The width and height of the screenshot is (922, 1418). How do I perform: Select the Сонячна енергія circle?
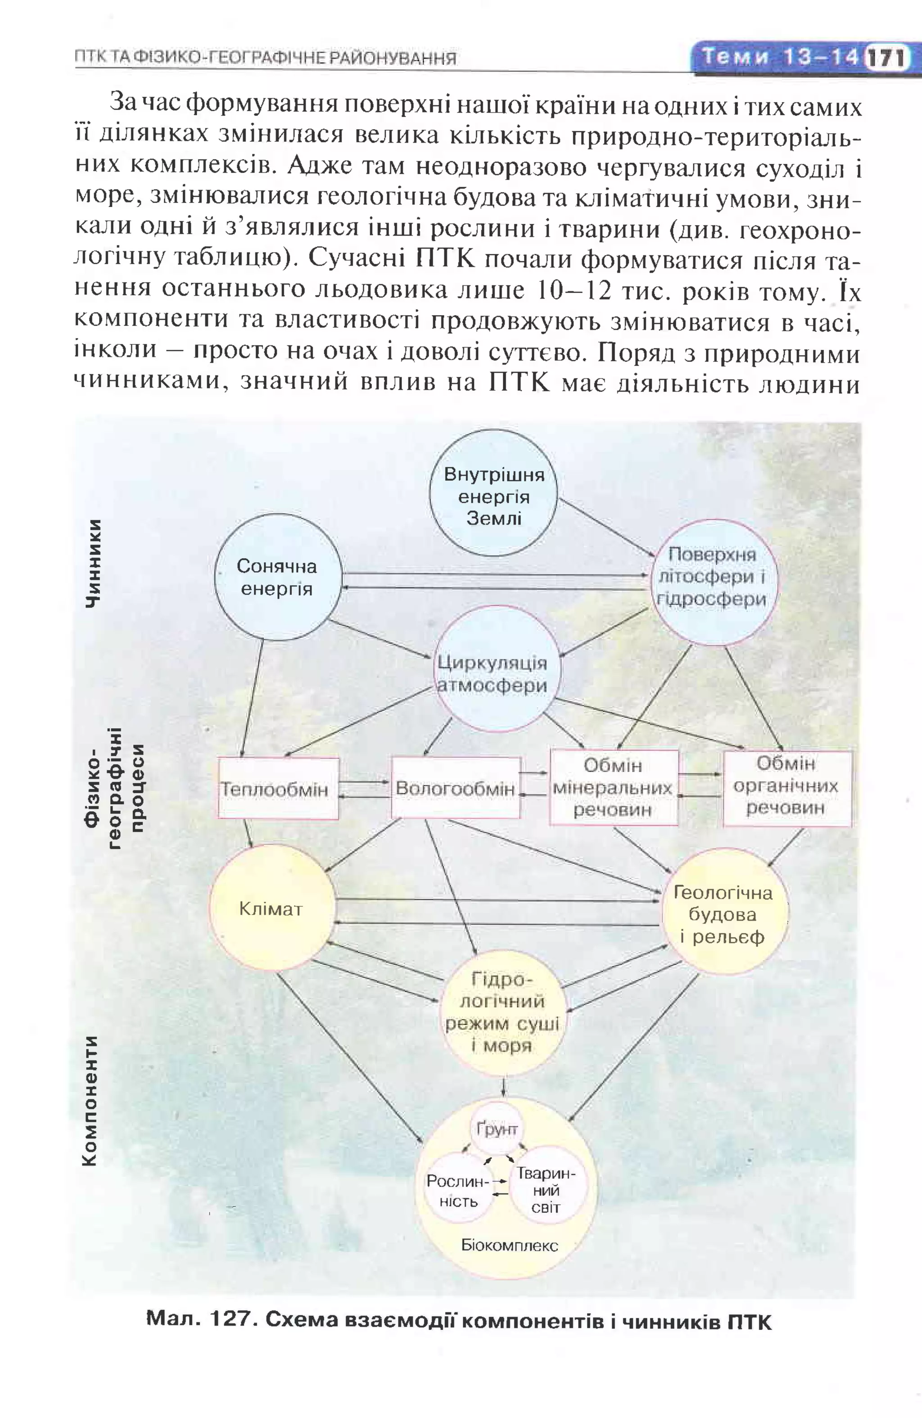tap(278, 577)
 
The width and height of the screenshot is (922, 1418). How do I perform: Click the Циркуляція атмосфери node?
tap(493, 674)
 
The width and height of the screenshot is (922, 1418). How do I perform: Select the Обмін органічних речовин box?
tap(786, 786)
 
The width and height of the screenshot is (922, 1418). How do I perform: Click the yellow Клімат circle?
tap(271, 908)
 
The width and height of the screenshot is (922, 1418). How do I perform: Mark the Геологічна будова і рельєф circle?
tap(723, 915)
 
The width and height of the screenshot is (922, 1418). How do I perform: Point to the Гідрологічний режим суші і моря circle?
tap(502, 1013)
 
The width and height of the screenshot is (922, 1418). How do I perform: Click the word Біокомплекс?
tap(510, 1246)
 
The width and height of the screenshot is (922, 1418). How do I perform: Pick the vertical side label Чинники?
tap(94, 564)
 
